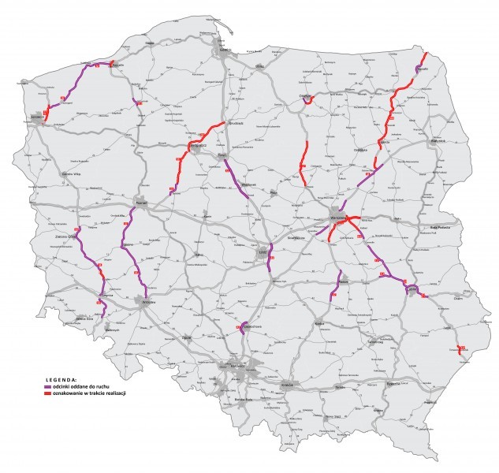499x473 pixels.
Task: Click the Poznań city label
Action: (x=142, y=203)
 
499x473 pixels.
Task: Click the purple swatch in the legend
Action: (x=47, y=385)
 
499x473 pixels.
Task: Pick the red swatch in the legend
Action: (x=47, y=392)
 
